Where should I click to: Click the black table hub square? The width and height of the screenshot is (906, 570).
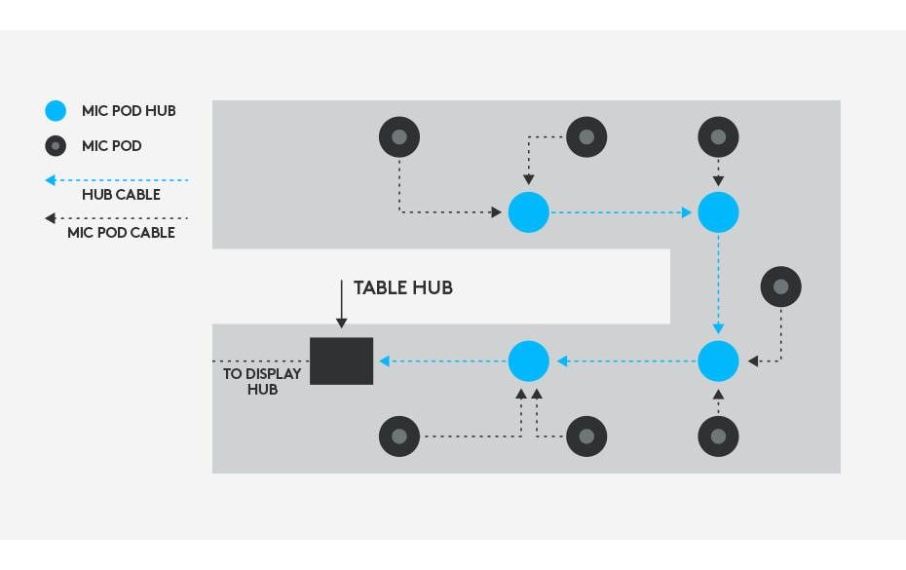tap(342, 361)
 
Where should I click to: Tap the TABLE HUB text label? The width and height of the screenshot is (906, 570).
tap(402, 287)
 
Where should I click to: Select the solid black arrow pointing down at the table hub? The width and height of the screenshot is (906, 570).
tap(342, 304)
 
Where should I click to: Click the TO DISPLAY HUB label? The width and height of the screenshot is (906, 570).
tap(262, 382)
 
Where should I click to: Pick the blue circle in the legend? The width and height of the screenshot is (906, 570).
tap(56, 110)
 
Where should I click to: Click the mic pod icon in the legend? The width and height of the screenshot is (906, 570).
tap(56, 146)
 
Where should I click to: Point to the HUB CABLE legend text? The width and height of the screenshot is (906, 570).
tap(122, 195)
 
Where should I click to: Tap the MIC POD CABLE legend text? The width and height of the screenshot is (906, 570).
tap(122, 233)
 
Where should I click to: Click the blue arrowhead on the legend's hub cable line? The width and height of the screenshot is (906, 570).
tap(51, 180)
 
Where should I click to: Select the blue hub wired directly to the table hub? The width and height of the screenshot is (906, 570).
tap(529, 361)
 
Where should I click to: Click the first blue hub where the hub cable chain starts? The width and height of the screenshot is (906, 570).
tap(529, 212)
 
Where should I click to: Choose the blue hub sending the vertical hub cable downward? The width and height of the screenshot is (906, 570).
tap(718, 212)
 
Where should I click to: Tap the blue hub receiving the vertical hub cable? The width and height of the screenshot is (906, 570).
tap(718, 361)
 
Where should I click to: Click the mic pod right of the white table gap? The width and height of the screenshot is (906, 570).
tap(781, 286)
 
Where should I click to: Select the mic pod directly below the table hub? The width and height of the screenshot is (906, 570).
tap(399, 437)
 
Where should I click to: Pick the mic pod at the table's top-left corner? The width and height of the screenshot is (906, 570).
tap(399, 137)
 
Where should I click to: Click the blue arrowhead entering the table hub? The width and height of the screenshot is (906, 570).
tap(384, 361)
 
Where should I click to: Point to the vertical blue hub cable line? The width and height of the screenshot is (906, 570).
tap(718, 285)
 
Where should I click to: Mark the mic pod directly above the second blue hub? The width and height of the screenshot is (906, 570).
tap(718, 137)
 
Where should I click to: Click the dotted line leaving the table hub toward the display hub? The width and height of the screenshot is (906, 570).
tap(261, 361)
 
